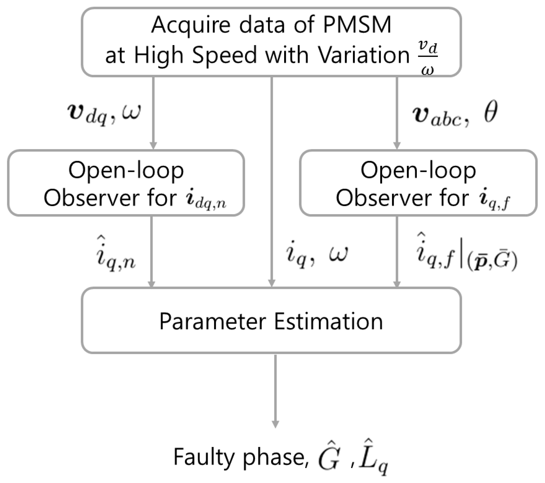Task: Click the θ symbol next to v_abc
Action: coord(490,112)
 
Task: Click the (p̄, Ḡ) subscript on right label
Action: coord(492,262)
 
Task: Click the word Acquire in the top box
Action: coord(191,25)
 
